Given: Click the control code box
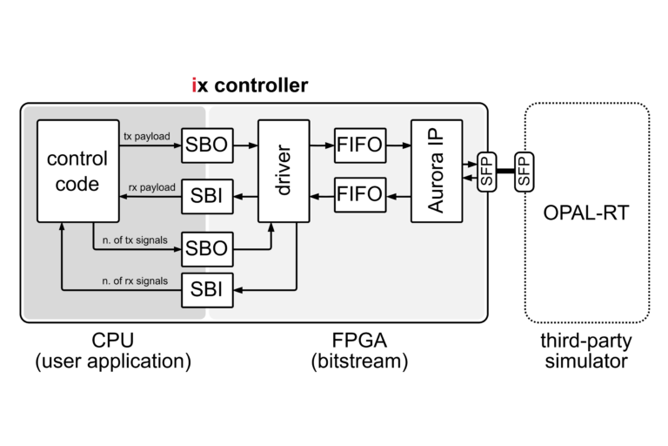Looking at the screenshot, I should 77,171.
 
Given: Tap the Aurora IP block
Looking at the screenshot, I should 437,171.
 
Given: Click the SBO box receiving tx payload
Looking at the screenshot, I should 207,145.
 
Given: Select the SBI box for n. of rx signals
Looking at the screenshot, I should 207,289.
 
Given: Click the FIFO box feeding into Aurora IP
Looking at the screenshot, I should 359,145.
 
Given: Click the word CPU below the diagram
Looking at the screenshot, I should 113,340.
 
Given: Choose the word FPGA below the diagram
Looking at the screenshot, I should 359,340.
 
